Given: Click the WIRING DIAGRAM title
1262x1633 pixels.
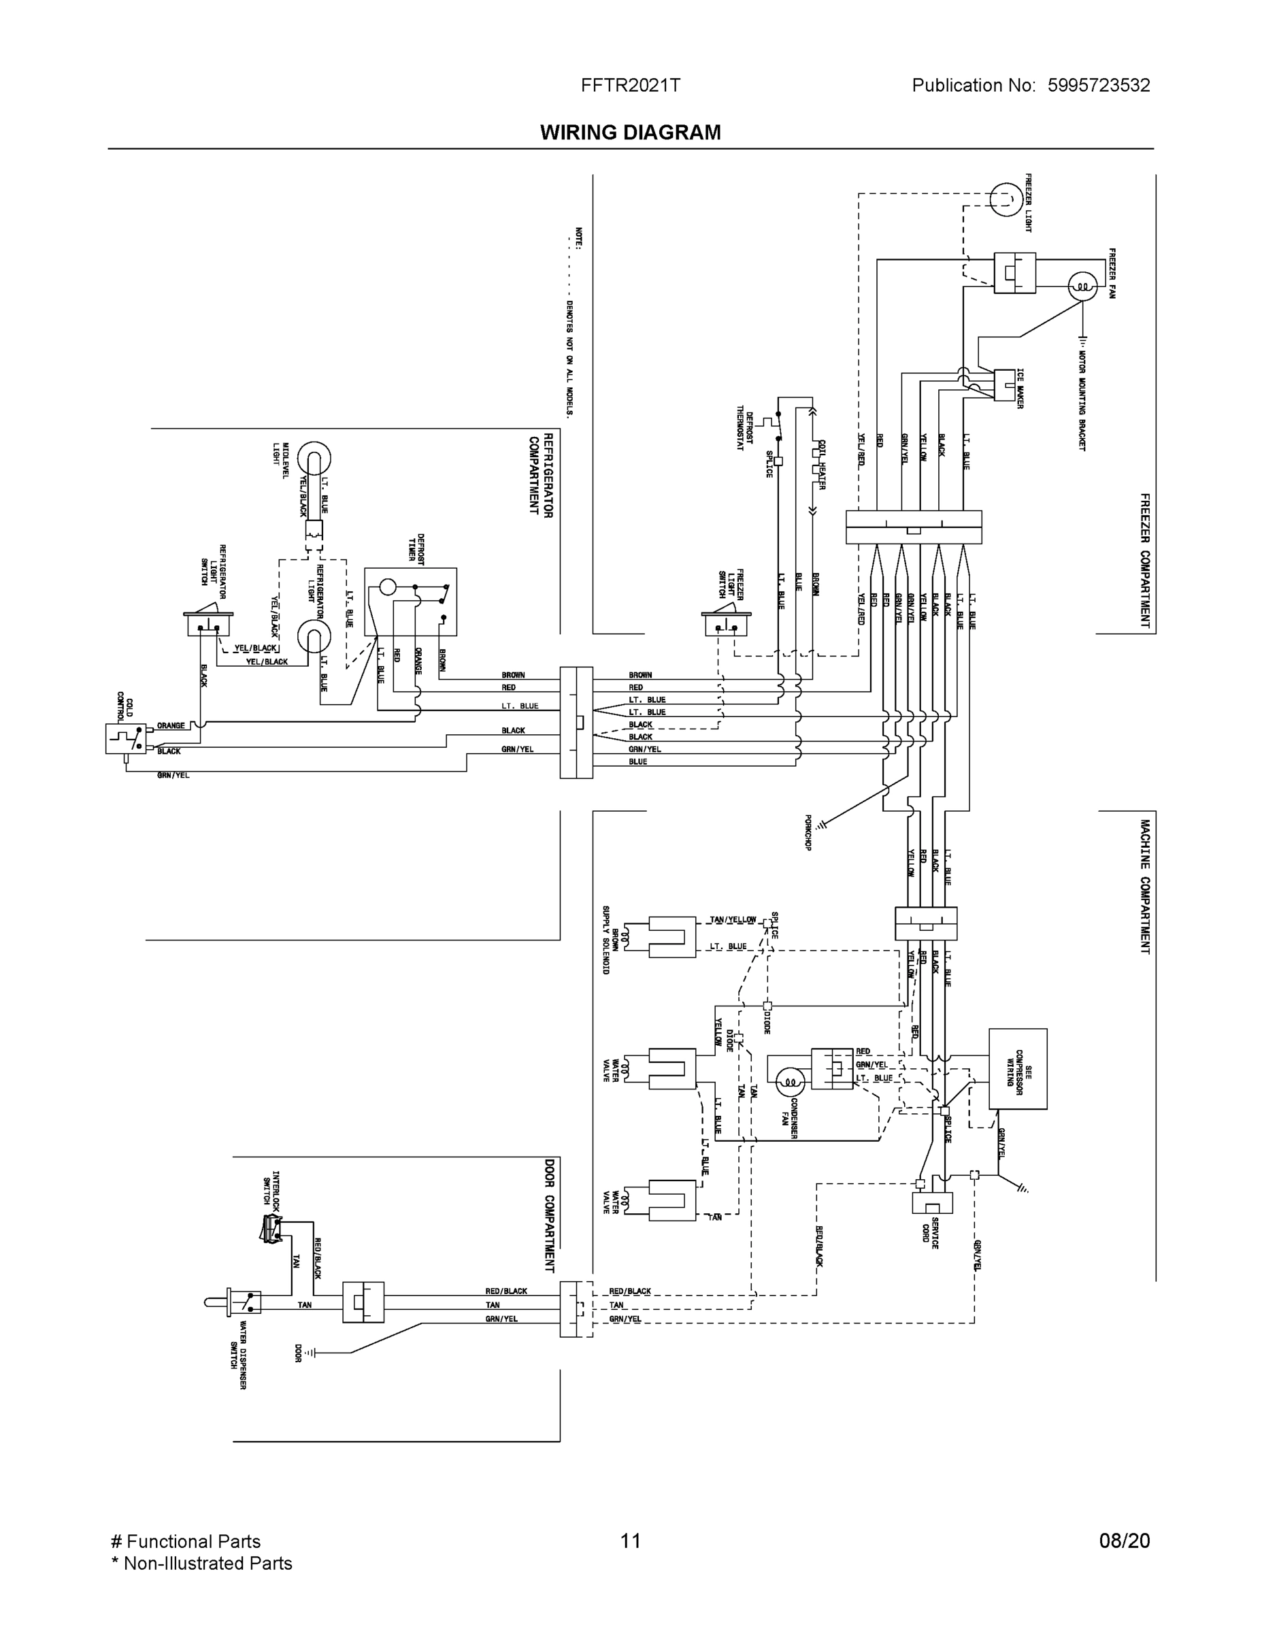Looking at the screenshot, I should pos(630,133).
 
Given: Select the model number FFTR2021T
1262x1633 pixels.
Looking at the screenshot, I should pos(630,85).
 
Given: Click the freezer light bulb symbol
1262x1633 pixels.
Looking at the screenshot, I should pos(1006,198).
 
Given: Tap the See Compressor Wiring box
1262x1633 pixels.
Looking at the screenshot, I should pos(1018,1068).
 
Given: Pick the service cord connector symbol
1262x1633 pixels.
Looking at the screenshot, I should pos(932,1202).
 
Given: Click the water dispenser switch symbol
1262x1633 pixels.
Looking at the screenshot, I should pos(243,1302).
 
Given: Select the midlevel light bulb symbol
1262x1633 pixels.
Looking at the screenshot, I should pos(314,458).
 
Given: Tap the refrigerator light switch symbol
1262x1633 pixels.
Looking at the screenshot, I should pos(209,620).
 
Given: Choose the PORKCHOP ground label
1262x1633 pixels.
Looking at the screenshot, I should pos(808,833).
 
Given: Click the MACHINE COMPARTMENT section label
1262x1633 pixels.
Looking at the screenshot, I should pos(1144,886).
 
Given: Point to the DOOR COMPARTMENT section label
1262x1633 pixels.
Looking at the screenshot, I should pos(550,1215).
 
